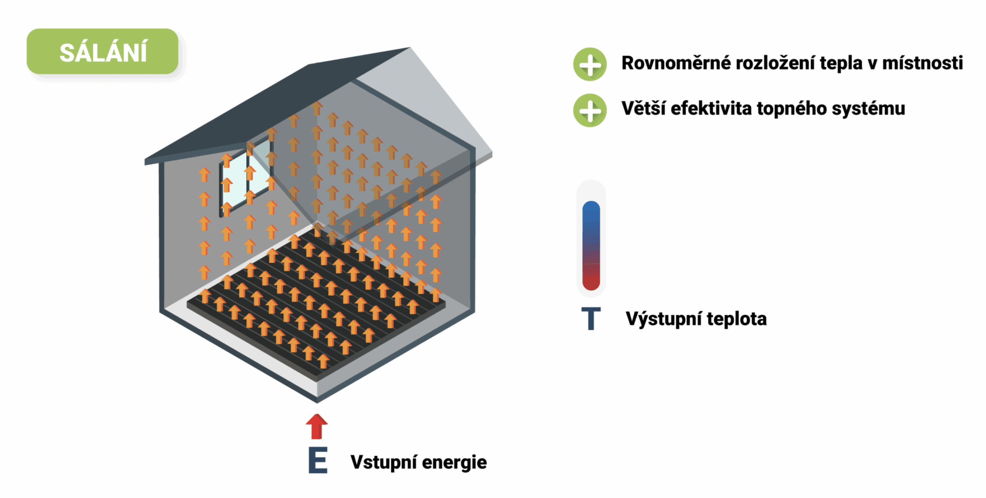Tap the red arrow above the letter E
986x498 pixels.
pyautogui.click(x=317, y=426)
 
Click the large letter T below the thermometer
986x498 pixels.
pyautogui.click(x=591, y=318)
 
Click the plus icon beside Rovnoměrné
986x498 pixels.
pyautogui.click(x=590, y=64)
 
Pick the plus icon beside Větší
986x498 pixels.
pyautogui.click(x=590, y=110)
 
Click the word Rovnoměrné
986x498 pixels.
pyautogui.click(x=676, y=63)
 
